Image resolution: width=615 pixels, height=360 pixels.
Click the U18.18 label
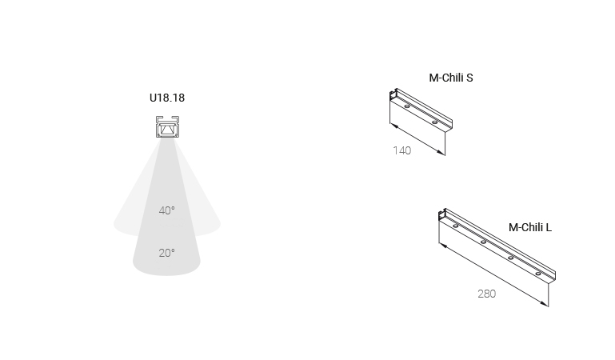tap(167, 98)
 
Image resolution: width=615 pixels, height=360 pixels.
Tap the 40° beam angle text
tap(166, 210)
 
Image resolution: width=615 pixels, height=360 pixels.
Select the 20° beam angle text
tap(166, 253)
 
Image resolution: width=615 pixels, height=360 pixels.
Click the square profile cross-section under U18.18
tap(167, 126)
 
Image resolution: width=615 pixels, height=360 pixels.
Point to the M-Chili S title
tap(451, 78)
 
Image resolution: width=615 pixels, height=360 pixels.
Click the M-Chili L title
tap(530, 227)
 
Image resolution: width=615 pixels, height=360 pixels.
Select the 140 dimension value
tap(402, 150)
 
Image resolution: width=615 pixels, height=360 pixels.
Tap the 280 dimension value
tap(487, 294)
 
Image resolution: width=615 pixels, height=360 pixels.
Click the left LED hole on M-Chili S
tap(407, 106)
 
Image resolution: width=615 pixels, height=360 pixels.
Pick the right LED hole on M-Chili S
tap(434, 122)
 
